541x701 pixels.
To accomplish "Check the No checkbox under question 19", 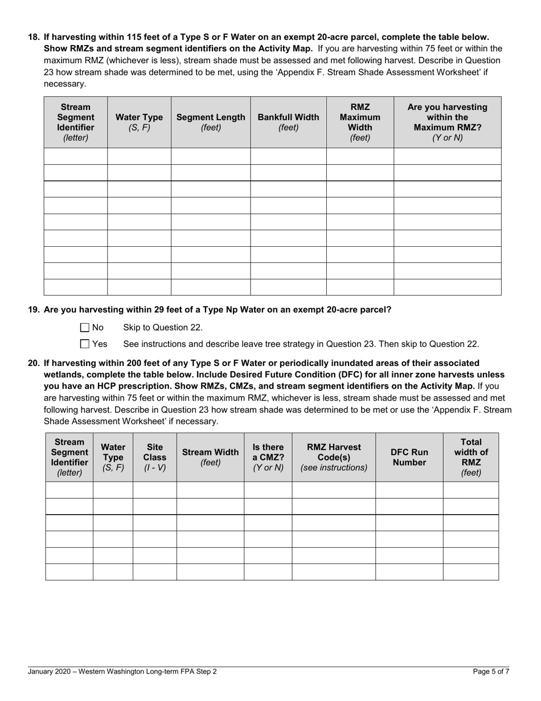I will pyautogui.click(x=85, y=328).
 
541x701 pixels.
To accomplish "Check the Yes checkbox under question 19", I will pyautogui.click(x=85, y=344).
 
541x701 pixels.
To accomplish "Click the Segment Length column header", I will pyautogui.click(x=211, y=122).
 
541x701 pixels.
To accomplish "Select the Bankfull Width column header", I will pyautogui.click(x=288, y=122).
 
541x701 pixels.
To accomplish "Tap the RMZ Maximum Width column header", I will pyautogui.click(x=359, y=122).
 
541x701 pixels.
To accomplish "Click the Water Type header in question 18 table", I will pyautogui.click(x=139, y=122).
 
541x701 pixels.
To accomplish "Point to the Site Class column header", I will pyautogui.click(x=155, y=457).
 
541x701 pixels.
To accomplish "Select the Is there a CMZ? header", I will pyautogui.click(x=268, y=457).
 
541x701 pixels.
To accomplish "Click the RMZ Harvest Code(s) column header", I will pyautogui.click(x=334, y=457).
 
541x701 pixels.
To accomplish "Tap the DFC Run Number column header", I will pyautogui.click(x=409, y=457).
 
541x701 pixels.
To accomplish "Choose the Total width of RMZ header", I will pyautogui.click(x=470, y=457).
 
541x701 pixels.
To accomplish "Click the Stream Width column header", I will pyautogui.click(x=210, y=457).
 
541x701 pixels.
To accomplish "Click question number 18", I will pyautogui.click(x=34, y=36).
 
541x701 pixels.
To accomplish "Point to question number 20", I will pyautogui.click(x=34, y=363).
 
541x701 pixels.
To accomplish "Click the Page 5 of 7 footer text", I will pyautogui.click(x=491, y=671).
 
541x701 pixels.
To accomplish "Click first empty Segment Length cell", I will pyautogui.click(x=211, y=156).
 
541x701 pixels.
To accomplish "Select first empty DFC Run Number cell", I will pyautogui.click(x=409, y=490).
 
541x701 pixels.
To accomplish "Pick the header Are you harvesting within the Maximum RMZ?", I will pyautogui.click(x=447, y=122).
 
